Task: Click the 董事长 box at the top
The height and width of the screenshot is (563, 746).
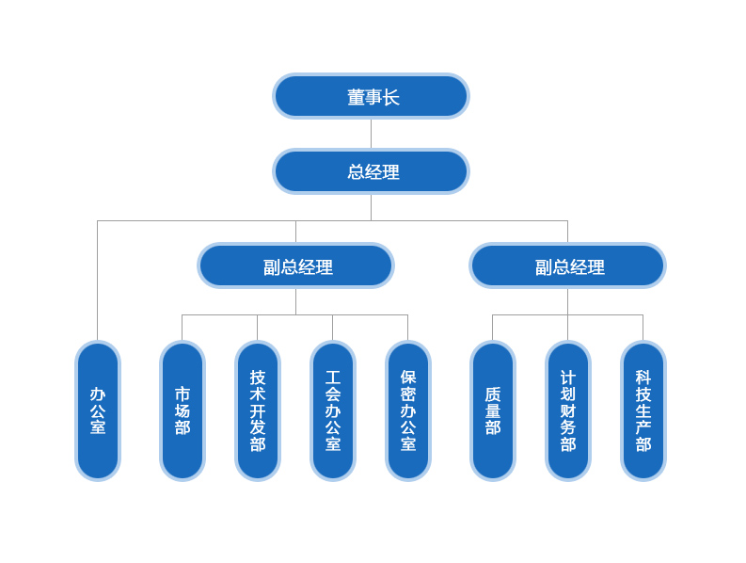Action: [x=371, y=96]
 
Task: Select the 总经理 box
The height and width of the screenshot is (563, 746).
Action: [x=371, y=171]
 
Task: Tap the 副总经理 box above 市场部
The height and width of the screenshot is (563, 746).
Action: [x=295, y=265]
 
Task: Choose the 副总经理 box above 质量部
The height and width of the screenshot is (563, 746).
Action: [x=567, y=265]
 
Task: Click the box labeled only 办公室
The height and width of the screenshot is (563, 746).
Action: [x=98, y=410]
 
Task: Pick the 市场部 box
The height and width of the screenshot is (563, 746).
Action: [x=183, y=410]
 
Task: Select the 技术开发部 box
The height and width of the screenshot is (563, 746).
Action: [x=258, y=410]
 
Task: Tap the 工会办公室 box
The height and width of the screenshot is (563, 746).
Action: [x=333, y=410]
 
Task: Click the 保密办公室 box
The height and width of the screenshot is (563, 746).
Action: [x=408, y=410]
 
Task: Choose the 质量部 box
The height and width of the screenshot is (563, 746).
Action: [x=493, y=410]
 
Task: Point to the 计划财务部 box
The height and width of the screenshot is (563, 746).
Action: [x=568, y=410]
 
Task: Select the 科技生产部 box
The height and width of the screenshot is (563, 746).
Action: [x=643, y=410]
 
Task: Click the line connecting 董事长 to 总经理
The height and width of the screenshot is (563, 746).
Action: [x=371, y=134]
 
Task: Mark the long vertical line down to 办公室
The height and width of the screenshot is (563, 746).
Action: [x=98, y=282]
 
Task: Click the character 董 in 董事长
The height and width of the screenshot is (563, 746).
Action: [x=357, y=97]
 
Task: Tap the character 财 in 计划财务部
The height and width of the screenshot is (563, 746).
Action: [x=568, y=410]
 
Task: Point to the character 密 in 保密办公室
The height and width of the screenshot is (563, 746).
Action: [x=408, y=394]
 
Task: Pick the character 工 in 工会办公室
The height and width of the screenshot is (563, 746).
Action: [x=333, y=378]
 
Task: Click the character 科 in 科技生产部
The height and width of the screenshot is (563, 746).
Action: [x=643, y=378]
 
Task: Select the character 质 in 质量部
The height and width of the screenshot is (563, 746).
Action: [x=493, y=394]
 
